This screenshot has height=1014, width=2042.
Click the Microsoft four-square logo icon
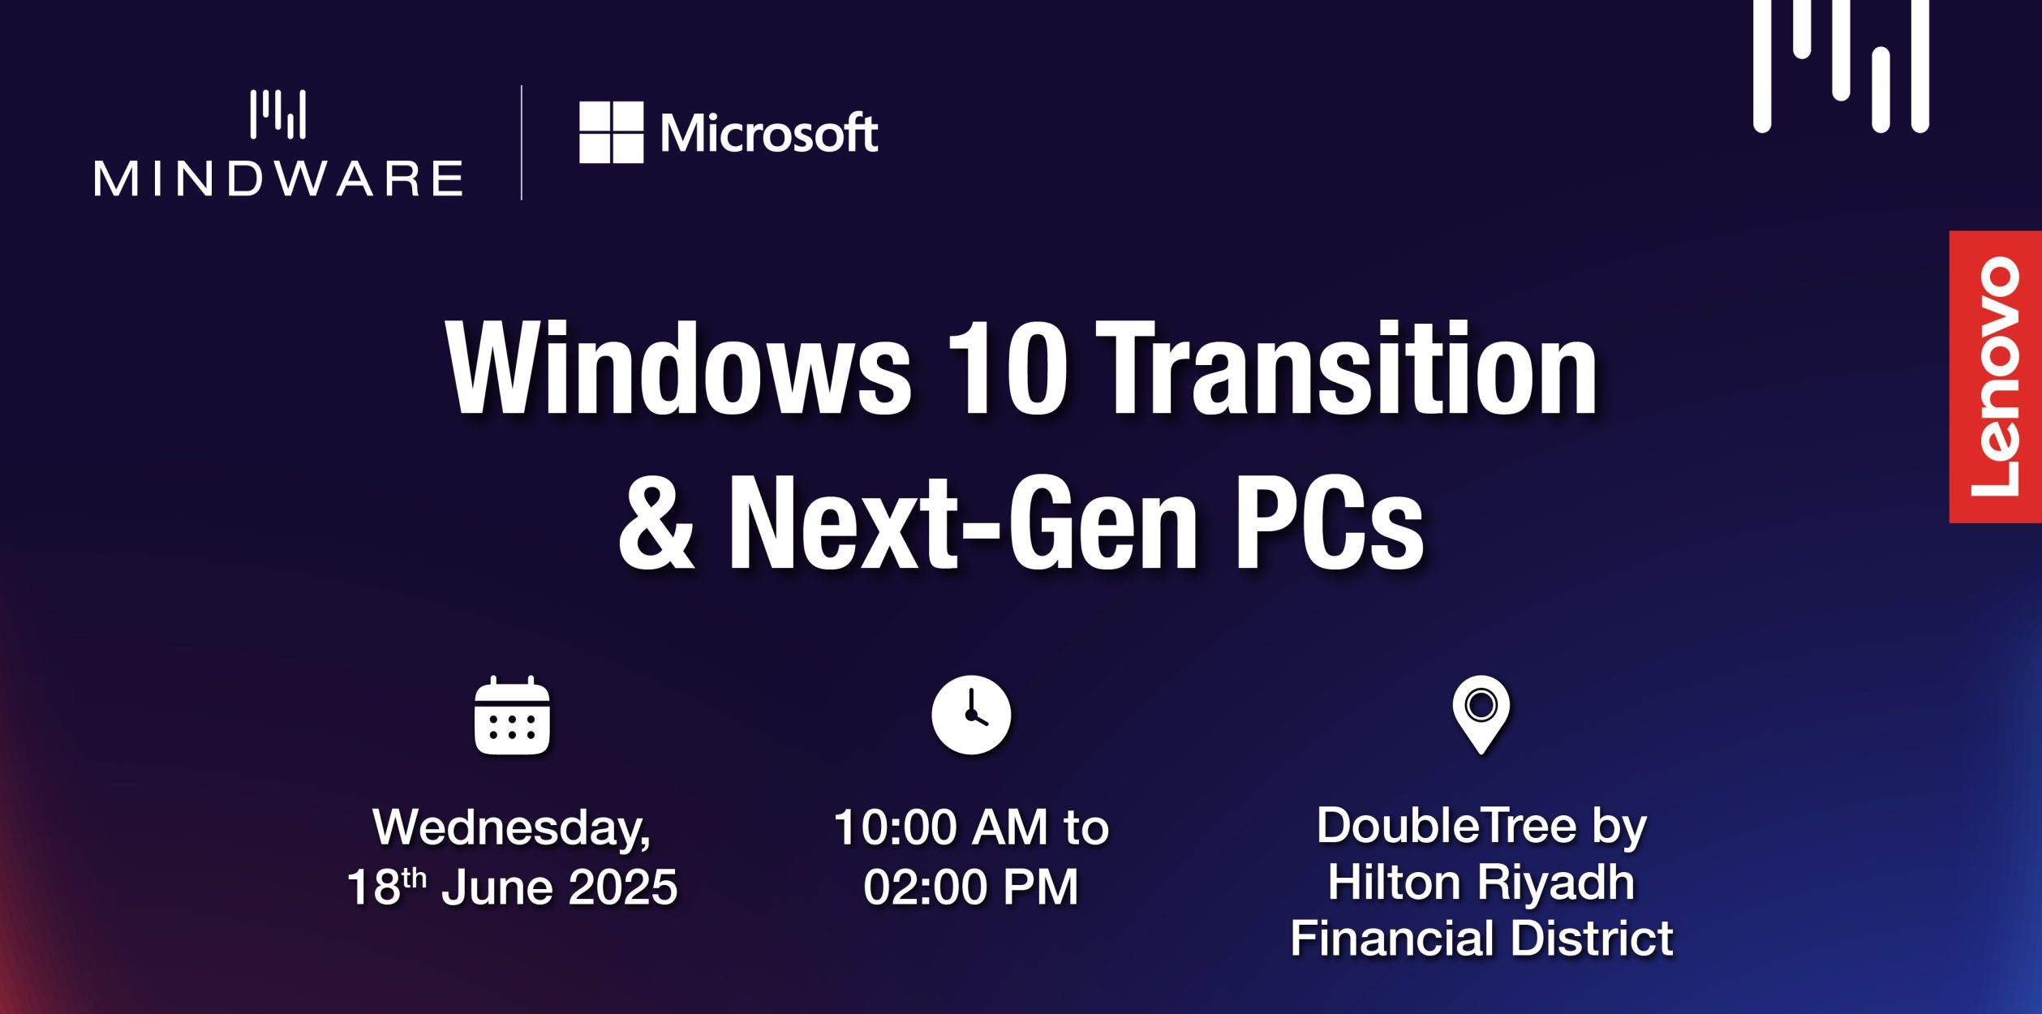coord(611,132)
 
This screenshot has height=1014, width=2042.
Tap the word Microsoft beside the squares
coord(769,133)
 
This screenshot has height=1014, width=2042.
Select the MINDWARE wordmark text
coord(278,178)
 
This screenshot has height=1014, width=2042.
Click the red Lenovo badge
coord(1995,376)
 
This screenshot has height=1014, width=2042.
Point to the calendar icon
coord(512,715)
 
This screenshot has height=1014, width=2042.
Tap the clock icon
coord(971,715)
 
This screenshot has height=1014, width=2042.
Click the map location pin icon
coord(1481,714)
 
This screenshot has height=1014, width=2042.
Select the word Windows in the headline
coord(678,368)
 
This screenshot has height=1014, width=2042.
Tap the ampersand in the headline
coord(656,522)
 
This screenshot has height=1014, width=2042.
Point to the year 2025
coord(623,887)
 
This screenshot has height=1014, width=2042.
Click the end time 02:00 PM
coord(971,887)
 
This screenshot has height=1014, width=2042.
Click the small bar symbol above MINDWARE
coord(278,114)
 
